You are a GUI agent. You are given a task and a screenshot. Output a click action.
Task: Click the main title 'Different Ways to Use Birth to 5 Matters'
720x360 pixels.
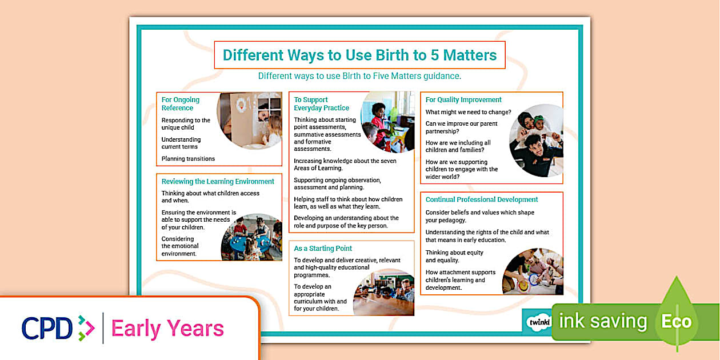[359, 55]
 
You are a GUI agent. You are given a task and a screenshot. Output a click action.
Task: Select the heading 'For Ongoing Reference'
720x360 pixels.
[181, 103]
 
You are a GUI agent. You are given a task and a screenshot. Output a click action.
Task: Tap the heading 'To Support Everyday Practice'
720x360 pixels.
[321, 103]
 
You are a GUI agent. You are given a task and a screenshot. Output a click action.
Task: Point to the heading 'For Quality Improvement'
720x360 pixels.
[463, 99]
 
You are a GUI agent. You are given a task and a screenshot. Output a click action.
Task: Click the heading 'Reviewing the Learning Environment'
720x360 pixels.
[218, 181]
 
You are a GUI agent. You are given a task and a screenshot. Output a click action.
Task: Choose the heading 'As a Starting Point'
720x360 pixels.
[323, 249]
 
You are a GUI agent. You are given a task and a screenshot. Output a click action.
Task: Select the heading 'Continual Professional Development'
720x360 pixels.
[482, 199]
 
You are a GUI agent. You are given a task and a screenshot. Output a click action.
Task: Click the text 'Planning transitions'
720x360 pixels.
[188, 159]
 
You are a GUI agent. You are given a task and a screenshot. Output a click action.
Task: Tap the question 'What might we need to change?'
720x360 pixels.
[468, 112]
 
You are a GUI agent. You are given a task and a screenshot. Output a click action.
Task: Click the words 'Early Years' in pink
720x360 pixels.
[167, 329]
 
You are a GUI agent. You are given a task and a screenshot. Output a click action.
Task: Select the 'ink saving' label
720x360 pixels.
[602, 321]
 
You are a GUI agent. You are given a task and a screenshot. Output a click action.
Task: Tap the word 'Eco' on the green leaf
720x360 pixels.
[677, 321]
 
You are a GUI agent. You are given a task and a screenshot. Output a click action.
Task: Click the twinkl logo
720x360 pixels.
[538, 322]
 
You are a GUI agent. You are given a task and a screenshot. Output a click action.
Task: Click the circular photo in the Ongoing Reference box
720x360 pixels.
[250, 121]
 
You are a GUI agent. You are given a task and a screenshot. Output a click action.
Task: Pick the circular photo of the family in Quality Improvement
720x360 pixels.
[537, 141]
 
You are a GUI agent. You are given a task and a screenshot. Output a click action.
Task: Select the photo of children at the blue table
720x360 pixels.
[252, 237]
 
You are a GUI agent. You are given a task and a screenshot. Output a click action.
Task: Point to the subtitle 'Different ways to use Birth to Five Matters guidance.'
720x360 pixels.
[359, 75]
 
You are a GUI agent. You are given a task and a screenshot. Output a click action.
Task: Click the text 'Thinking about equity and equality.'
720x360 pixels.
[454, 257]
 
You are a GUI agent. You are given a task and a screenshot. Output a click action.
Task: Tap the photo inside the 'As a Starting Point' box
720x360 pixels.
[383, 292]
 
